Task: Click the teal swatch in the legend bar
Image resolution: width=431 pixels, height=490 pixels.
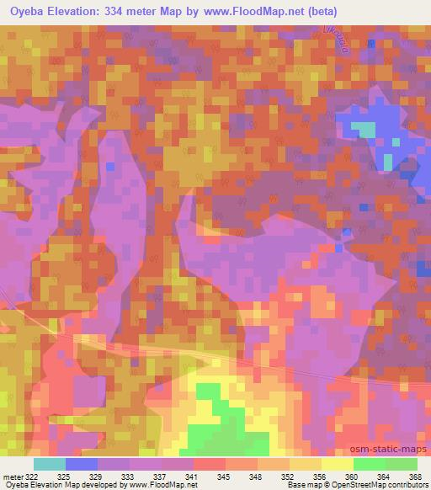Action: coord(50,464)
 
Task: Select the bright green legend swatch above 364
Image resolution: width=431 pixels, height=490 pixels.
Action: coord(369,464)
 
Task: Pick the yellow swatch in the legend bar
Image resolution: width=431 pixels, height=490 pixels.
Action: coord(337,464)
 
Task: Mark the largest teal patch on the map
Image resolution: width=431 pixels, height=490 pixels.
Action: coord(364,129)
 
